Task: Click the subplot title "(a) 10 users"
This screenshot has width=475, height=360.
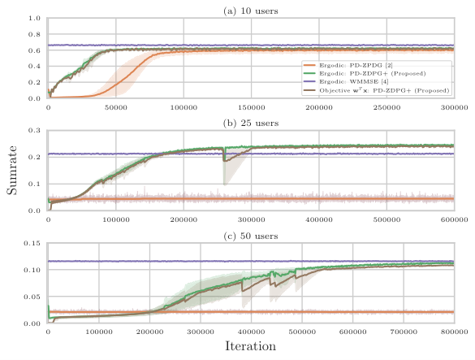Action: pyautogui.click(x=251, y=11)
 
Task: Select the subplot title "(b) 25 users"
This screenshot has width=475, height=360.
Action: pyautogui.click(x=251, y=124)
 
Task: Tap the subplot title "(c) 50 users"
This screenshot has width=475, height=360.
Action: pyautogui.click(x=251, y=236)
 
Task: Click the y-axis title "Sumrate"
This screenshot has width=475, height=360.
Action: pyautogui.click(x=12, y=170)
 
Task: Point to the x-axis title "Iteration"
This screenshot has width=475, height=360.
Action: pyautogui.click(x=251, y=346)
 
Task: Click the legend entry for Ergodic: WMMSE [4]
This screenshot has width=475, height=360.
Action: pyautogui.click(x=353, y=81)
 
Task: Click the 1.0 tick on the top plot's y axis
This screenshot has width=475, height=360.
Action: pyautogui.click(x=34, y=18)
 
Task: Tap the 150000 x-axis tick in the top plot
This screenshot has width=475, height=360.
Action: pyautogui.click(x=251, y=107)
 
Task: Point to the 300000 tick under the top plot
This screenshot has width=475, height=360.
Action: pyautogui.click(x=455, y=107)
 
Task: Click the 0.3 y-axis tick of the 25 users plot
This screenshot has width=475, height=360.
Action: pyautogui.click(x=34, y=130)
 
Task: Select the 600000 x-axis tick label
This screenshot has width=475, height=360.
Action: pyautogui.click(x=455, y=219)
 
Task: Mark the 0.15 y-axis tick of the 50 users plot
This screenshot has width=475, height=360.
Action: pyautogui.click(x=32, y=243)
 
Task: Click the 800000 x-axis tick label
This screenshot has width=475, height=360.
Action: pyautogui.click(x=455, y=332)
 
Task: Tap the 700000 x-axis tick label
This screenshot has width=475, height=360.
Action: pyautogui.click(x=404, y=332)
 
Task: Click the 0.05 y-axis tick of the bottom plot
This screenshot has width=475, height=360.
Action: pyautogui.click(x=32, y=297)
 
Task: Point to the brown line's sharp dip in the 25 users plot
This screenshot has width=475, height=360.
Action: pyautogui.click(x=224, y=160)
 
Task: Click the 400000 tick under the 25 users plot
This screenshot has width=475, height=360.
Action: pyautogui.click(x=319, y=219)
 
